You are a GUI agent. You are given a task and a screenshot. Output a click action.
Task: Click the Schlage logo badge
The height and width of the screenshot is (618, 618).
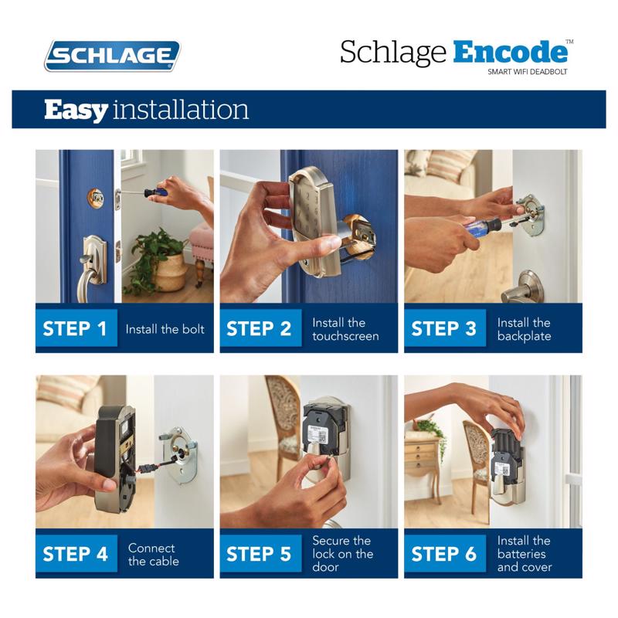(x=113, y=56)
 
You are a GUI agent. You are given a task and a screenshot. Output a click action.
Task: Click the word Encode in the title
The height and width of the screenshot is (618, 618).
(x=512, y=52)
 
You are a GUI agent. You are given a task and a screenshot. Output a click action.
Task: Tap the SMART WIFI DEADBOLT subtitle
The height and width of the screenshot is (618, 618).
(x=528, y=72)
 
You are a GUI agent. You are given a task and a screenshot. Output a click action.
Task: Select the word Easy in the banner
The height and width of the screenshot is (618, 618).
(x=76, y=109)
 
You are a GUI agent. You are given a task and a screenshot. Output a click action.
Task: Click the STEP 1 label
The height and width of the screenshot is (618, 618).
(x=75, y=328)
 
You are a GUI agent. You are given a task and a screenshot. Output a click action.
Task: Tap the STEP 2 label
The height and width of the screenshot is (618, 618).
(x=260, y=328)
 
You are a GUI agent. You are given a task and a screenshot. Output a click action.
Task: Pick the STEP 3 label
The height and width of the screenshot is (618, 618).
(x=444, y=328)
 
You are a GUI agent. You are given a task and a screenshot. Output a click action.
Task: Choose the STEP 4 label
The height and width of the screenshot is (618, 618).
(x=75, y=554)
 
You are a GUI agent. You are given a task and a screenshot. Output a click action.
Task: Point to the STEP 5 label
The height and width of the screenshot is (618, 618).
(x=260, y=554)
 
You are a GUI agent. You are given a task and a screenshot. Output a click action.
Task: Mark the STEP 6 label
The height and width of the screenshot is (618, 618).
(x=444, y=554)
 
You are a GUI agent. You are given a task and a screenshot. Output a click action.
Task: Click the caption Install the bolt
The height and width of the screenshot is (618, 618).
(x=165, y=329)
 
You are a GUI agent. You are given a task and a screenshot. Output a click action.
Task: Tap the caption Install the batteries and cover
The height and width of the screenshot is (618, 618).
(x=524, y=554)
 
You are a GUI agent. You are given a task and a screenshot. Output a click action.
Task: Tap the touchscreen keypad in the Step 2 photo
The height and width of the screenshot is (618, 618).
(x=314, y=209)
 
